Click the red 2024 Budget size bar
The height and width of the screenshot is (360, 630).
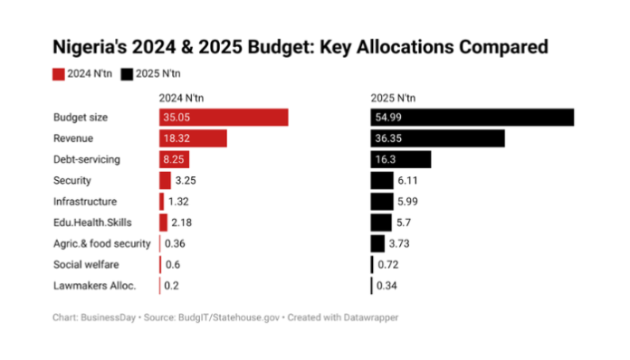pyautogui.click(x=224, y=118)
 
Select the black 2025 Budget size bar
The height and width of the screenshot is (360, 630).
pyautogui.click(x=472, y=118)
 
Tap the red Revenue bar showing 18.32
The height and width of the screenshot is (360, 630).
pyautogui.click(x=193, y=138)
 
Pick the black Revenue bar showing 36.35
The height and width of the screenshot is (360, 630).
pyautogui.click(x=437, y=138)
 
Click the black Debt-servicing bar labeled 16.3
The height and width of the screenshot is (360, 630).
pyautogui.click(x=401, y=159)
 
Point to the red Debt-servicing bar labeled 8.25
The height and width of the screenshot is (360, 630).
pyautogui.click(x=176, y=159)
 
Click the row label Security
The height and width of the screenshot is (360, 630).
pyautogui.click(x=72, y=180)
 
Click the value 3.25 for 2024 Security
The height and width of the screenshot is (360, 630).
pyautogui.click(x=186, y=180)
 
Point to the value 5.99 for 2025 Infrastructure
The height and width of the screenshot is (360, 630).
pyautogui.click(x=408, y=201)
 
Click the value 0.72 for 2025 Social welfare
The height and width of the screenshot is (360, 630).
pyautogui.click(x=388, y=264)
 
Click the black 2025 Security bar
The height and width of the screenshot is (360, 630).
pyautogui.click(x=382, y=180)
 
